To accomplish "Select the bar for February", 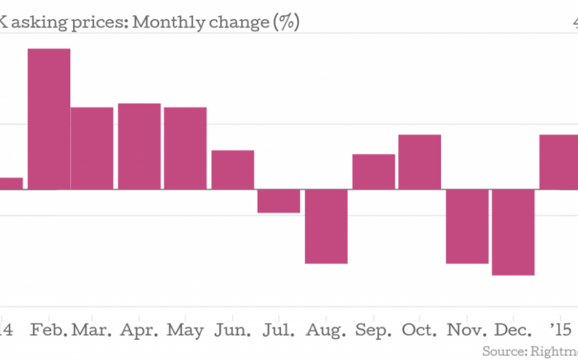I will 49,119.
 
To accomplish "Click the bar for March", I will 92,148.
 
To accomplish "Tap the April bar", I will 139,146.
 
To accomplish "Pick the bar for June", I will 233,169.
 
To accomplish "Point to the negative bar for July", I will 279,201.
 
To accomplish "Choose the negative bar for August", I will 327,226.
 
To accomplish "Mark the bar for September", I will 373,171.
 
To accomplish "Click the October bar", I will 420,162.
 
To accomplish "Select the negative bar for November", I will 467,226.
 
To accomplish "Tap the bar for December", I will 513,233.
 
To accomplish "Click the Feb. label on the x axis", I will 49,330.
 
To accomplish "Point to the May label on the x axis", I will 185,330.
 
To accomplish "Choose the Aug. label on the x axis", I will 325,330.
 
